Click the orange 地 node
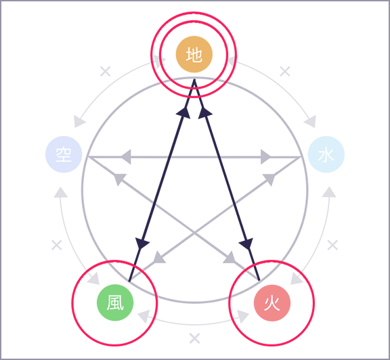click(194, 54)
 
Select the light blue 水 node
click(326, 154)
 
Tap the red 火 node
click(272, 303)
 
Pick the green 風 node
click(115, 302)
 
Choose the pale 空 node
click(64, 154)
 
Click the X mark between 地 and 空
click(106, 71)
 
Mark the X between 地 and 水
click(285, 71)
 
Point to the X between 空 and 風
click(57, 245)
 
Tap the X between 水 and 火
click(332, 245)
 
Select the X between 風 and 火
click(194, 338)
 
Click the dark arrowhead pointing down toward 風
click(142, 243)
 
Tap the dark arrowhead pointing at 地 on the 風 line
click(183, 113)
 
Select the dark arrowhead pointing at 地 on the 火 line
click(204, 113)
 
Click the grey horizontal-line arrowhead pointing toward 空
click(126, 156)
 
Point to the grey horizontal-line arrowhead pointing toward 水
click(265, 156)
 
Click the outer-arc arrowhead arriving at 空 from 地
click(79, 122)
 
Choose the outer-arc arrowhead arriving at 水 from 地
click(310, 122)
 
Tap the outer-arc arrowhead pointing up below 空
click(61, 192)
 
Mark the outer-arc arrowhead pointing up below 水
click(329, 192)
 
